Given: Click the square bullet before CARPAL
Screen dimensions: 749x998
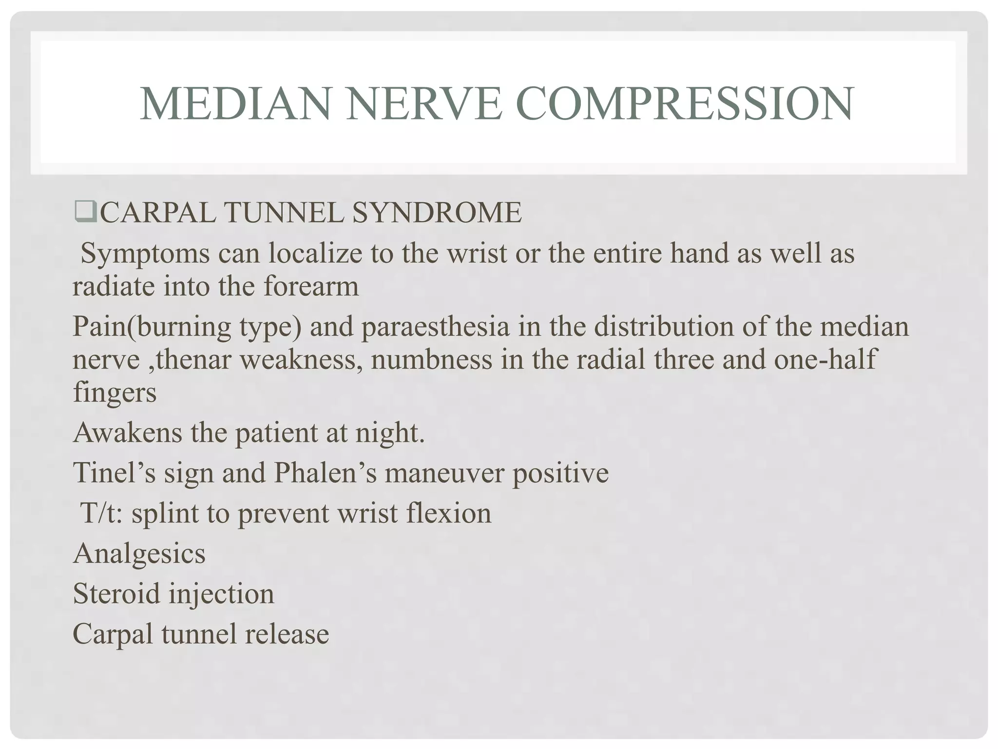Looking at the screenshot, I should pyautogui.click(x=86, y=213).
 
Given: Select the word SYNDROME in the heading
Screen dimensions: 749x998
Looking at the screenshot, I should pyautogui.click(x=436, y=213).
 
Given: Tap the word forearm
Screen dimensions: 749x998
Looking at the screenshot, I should pyautogui.click(x=311, y=286).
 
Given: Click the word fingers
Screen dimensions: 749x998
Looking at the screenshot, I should pyautogui.click(x=115, y=393).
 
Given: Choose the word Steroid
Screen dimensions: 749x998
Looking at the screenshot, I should pyautogui.click(x=116, y=594).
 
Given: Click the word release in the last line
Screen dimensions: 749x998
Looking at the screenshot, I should pyautogui.click(x=287, y=634).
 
